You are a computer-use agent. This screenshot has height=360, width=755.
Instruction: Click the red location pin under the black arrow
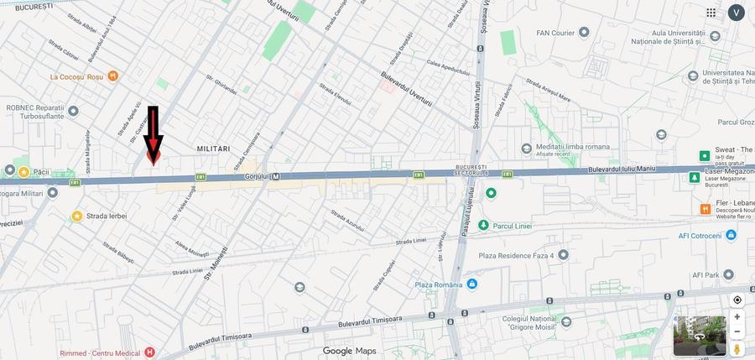(x=153, y=156)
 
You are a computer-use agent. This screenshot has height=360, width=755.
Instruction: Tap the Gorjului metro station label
(x=259, y=176)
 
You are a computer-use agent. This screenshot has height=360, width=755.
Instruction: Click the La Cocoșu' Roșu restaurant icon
(x=112, y=76)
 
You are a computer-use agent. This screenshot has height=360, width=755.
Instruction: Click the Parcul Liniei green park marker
(x=483, y=225)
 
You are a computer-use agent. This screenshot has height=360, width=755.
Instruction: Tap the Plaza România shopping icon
(x=471, y=284)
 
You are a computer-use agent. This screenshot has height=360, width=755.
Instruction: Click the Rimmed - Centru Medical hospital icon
(x=149, y=352)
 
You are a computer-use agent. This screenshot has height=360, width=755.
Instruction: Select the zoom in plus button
(x=737, y=317)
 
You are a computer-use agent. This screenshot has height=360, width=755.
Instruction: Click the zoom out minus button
(x=737, y=333)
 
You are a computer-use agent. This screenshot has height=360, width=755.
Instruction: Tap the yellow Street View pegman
(x=737, y=348)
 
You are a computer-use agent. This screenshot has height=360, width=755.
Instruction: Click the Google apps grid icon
(x=711, y=13)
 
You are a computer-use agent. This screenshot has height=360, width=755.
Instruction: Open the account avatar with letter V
(x=737, y=13)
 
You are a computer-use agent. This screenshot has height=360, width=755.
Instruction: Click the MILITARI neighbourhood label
(x=213, y=149)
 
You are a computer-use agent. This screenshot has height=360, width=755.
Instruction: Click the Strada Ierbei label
(x=107, y=216)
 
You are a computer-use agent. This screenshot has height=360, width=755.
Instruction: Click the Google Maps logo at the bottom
(x=350, y=351)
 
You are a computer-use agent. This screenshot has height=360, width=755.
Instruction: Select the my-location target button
(x=737, y=300)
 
